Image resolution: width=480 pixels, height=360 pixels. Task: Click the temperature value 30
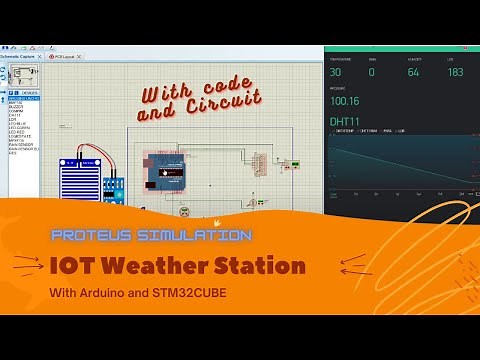click(335, 72)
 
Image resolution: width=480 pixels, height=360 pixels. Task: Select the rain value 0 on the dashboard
click(371, 72)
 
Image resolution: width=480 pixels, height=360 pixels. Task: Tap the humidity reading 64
click(413, 72)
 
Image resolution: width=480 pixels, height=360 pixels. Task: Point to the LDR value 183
click(455, 72)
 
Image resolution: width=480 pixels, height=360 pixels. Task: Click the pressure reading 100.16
click(344, 100)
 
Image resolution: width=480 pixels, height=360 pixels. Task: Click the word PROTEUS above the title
click(88, 236)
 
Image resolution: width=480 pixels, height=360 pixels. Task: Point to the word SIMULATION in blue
click(190, 236)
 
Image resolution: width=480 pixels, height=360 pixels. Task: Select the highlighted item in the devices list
click(24, 98)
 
